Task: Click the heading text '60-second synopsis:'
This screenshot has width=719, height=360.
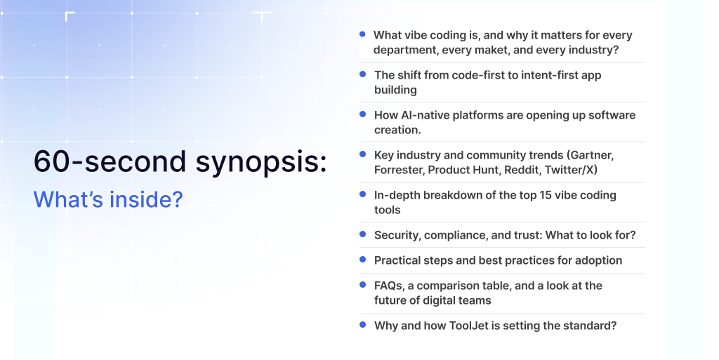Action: coord(180,161)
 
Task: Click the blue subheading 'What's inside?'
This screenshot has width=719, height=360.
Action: coord(108,199)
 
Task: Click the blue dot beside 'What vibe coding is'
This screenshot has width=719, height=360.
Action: coord(362,34)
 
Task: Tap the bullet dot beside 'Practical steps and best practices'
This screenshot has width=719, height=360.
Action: coord(362,259)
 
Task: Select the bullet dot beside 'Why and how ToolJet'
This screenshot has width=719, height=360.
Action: coord(362,324)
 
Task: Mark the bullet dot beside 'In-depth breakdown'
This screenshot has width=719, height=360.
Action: coord(362,194)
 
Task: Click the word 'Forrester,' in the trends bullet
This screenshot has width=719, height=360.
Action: coord(398,170)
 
